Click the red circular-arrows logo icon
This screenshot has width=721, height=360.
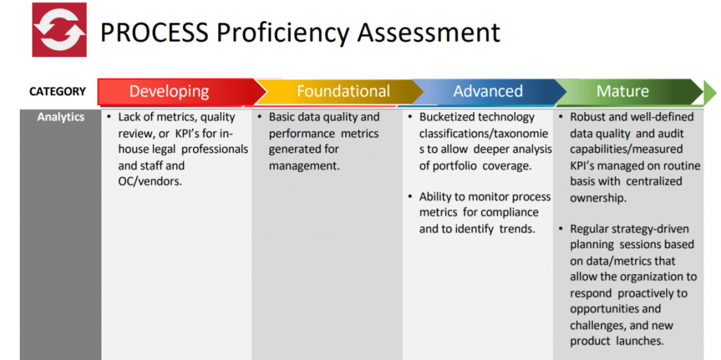(x=59, y=30)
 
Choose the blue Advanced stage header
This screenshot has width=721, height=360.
(x=488, y=92)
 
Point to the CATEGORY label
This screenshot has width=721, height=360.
(x=58, y=92)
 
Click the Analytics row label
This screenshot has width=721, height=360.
(x=61, y=117)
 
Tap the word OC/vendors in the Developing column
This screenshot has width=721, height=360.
(x=150, y=181)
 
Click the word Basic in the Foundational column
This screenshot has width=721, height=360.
(x=282, y=117)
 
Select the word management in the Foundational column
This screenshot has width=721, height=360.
(x=304, y=166)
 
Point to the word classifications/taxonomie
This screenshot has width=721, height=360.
(x=484, y=134)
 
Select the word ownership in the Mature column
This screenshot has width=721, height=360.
(x=597, y=198)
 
